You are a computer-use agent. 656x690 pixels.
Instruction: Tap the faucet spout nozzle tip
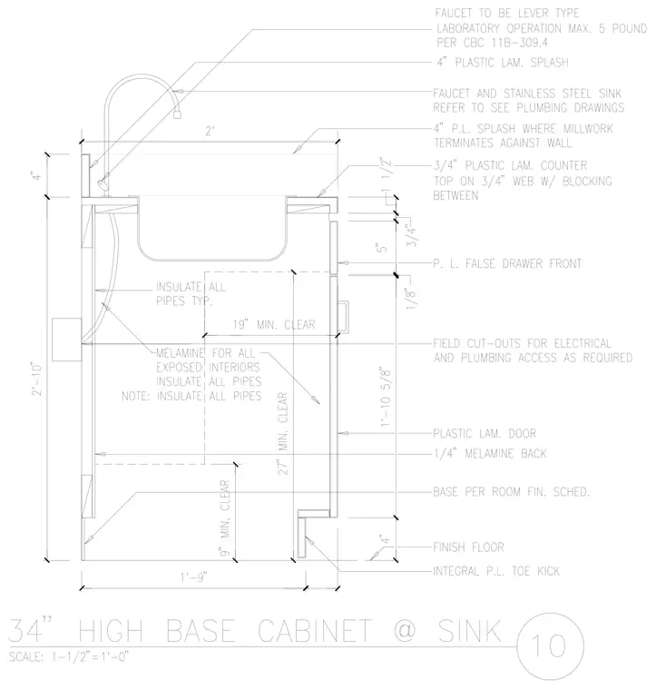[x=178, y=114]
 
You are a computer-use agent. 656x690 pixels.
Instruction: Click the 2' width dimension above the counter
[x=211, y=132]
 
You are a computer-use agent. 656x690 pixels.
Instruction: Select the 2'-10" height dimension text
[x=37, y=379]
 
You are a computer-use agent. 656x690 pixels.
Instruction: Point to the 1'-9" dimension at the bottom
[x=194, y=577]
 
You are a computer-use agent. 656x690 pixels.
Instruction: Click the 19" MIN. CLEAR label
[x=274, y=325]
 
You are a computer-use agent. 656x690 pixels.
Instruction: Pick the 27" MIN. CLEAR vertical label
[x=283, y=434]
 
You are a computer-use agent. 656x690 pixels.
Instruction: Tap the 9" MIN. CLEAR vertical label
[x=225, y=517]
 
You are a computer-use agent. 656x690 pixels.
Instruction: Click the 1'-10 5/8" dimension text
[x=385, y=396]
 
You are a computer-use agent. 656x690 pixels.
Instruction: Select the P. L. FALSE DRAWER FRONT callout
[x=507, y=263]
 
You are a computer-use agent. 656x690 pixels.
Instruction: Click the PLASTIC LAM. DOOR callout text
[x=485, y=433]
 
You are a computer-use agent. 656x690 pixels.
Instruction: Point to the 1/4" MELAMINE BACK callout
[x=490, y=453]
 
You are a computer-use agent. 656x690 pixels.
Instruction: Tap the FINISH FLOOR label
[x=469, y=547]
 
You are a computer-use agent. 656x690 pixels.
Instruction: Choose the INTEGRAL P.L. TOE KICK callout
[x=496, y=571]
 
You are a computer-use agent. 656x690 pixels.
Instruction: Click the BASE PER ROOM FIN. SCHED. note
[x=512, y=491]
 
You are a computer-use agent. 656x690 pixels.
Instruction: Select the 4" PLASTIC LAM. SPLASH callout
[x=503, y=63]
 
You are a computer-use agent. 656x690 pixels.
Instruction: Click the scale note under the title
[x=69, y=657]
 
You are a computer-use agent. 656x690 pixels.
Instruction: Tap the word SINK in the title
[x=470, y=631]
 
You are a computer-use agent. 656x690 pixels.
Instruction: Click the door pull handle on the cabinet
[x=344, y=316]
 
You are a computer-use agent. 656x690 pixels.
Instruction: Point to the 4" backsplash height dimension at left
[x=37, y=175]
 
